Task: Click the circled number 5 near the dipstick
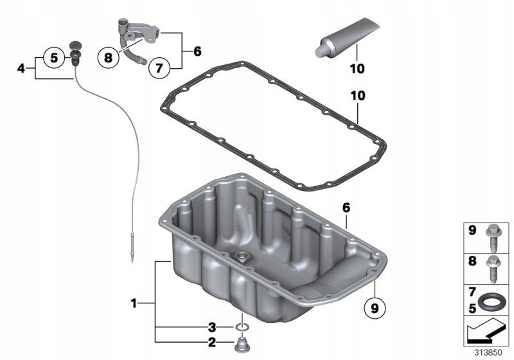pos(54,57)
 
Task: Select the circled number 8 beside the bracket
pos(109,57)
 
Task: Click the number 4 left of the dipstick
pos(21,67)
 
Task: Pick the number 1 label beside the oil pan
pos(134,301)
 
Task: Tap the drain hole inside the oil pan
pos(244,259)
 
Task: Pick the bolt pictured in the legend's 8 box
pos(495,267)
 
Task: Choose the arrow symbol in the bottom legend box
pos(488,333)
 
